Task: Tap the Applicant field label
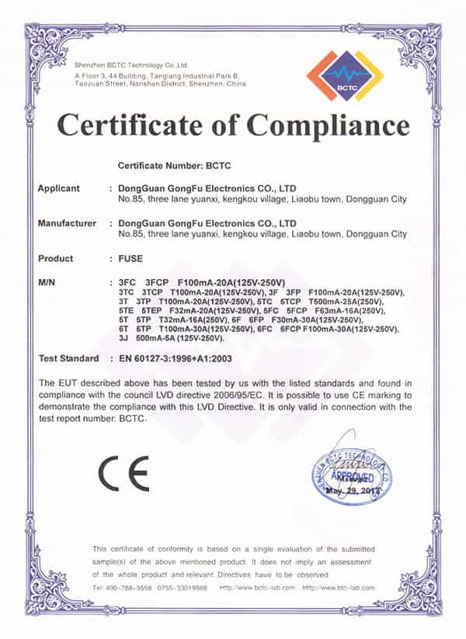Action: pyautogui.click(x=59, y=188)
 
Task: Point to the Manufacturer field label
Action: pyautogui.click(x=67, y=223)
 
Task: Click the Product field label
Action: pyautogui.click(x=56, y=258)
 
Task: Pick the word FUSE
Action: pyautogui.click(x=130, y=258)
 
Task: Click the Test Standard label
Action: pyautogui.click(x=68, y=358)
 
